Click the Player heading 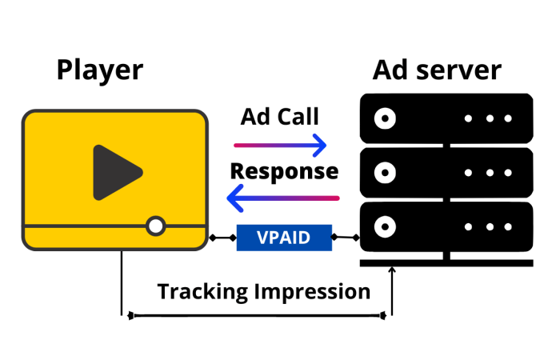[x=100, y=70]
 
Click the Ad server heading [x=437, y=70]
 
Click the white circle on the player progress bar [x=156, y=226]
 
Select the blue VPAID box [x=284, y=238]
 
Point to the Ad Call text [x=280, y=117]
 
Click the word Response [x=284, y=171]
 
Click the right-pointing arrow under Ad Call [x=280, y=145]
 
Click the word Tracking [x=202, y=291]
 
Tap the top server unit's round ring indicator [x=386, y=118]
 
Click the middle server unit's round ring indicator [x=386, y=172]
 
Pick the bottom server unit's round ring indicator [x=386, y=226]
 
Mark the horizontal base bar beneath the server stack [x=446, y=262]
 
